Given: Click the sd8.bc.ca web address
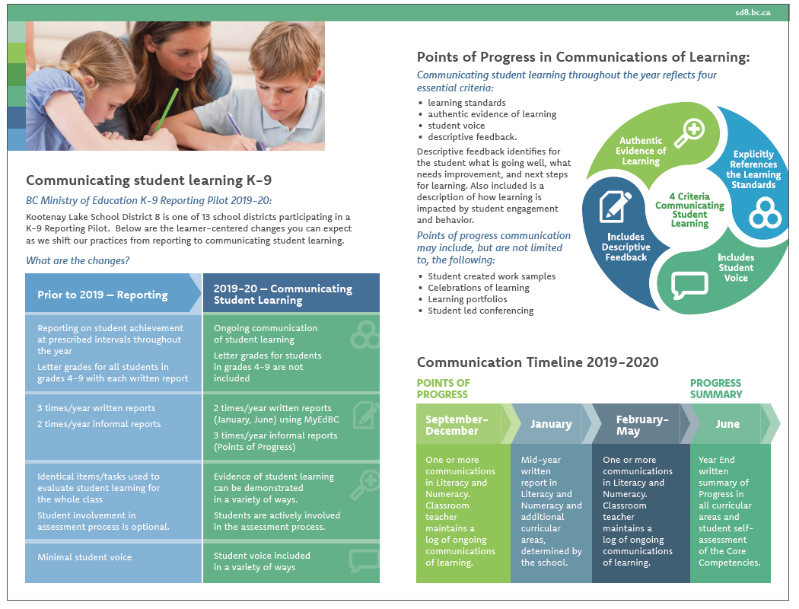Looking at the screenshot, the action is [x=753, y=13].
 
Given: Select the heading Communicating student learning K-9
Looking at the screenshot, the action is [x=149, y=180].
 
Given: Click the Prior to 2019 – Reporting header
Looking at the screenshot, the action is [x=103, y=295].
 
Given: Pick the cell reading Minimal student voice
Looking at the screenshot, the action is [x=84, y=557].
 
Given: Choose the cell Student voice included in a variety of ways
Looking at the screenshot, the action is [x=262, y=561].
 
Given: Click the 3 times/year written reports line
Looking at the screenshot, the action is [x=97, y=408].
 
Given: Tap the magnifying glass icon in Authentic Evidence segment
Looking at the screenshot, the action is [x=689, y=132].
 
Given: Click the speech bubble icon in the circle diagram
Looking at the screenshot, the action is [x=689, y=285].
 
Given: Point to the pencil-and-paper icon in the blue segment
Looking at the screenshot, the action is [x=615, y=206].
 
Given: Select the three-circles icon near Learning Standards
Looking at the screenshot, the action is [x=765, y=213].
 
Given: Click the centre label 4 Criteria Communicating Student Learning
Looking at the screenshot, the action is [x=689, y=210].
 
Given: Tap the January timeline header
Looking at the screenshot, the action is [x=551, y=424].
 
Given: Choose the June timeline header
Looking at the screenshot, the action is [x=727, y=424].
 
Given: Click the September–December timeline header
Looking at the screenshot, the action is [x=457, y=425].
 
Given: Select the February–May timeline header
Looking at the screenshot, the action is [x=642, y=425].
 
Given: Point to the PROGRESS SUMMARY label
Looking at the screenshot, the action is [x=716, y=388].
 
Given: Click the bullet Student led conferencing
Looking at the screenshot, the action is [x=480, y=311].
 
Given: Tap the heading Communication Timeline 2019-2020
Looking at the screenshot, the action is [x=537, y=362].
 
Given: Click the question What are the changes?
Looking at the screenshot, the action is [x=78, y=260].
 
